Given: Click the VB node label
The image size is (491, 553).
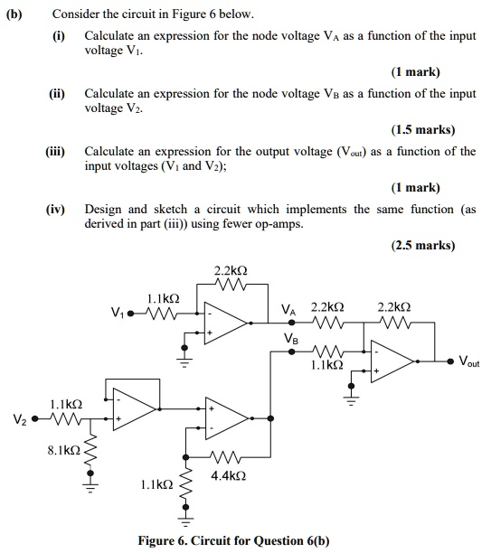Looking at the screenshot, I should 290,339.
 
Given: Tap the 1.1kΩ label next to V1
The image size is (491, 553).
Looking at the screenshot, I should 163,298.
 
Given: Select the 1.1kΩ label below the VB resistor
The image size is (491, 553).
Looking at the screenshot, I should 326,367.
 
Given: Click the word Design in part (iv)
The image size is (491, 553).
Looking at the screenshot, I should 105,209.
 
